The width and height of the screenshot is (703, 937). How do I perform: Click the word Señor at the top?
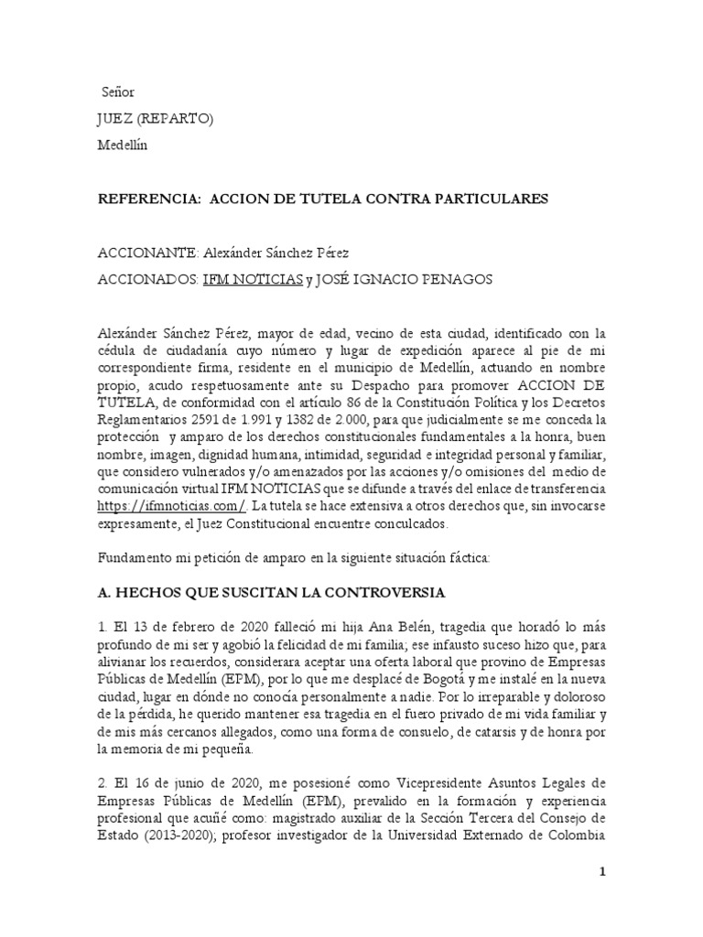click(x=117, y=92)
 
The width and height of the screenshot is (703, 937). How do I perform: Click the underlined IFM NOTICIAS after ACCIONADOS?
click(x=253, y=280)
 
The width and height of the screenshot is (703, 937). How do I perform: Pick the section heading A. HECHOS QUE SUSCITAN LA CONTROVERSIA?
click(x=271, y=593)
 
